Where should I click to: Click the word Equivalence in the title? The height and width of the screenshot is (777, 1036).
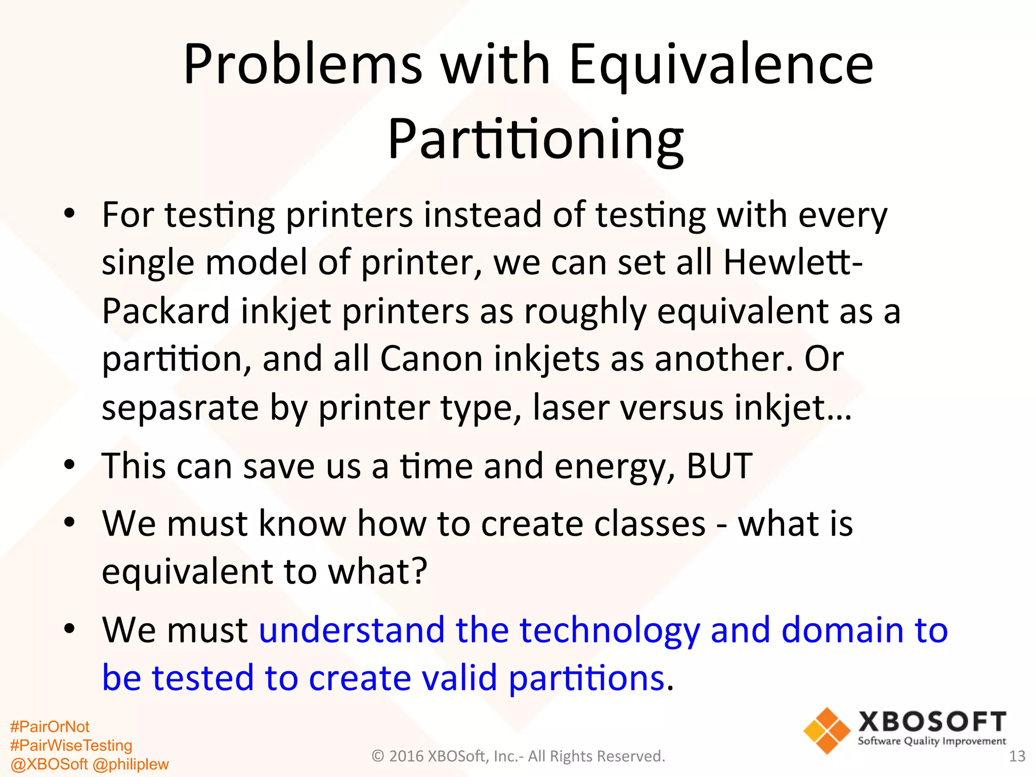point(721,66)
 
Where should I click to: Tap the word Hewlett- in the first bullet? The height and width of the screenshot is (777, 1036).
point(793,263)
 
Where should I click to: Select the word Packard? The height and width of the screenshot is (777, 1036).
point(166,311)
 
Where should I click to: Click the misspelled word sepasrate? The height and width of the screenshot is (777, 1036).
point(180,408)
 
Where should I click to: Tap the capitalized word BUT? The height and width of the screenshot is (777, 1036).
point(719,465)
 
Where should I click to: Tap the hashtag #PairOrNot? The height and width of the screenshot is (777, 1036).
point(50,727)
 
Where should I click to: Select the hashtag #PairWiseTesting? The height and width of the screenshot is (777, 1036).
point(71,745)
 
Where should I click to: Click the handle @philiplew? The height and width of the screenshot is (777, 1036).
point(131,764)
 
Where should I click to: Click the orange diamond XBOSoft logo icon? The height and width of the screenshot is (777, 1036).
point(827,730)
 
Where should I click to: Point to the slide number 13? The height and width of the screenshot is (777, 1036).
point(1017,756)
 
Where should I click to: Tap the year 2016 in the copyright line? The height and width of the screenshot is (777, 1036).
point(406,756)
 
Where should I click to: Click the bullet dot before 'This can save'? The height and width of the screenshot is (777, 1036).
point(70,464)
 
